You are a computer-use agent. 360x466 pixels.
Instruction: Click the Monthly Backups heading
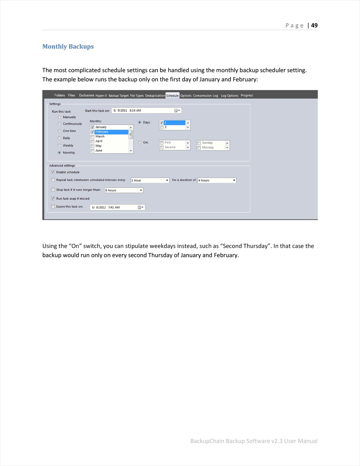(x=68, y=46)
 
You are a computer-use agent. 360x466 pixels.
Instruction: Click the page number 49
(x=314, y=25)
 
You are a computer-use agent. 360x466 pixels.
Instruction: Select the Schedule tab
(x=172, y=95)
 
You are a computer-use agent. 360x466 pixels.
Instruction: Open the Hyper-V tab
(x=101, y=96)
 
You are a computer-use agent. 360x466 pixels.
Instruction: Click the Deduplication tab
(x=155, y=96)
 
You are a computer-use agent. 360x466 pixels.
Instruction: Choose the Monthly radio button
(x=59, y=152)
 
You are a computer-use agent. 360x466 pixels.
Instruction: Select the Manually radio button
(x=59, y=117)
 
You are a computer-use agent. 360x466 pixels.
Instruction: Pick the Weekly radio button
(x=59, y=145)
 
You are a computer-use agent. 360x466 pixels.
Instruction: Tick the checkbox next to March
(x=92, y=137)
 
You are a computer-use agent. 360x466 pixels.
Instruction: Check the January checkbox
(x=92, y=127)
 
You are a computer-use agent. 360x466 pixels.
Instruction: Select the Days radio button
(x=140, y=122)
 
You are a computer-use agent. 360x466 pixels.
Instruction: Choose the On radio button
(x=140, y=143)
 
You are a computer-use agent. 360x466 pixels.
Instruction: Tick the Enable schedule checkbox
(x=53, y=172)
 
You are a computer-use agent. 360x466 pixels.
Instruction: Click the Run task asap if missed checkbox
(x=53, y=198)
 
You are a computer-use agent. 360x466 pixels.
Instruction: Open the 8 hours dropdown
(x=141, y=190)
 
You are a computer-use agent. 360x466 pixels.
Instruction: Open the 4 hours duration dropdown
(x=234, y=181)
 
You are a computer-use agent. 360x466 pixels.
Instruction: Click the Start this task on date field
(x=143, y=110)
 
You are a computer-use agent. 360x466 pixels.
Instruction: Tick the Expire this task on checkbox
(x=53, y=207)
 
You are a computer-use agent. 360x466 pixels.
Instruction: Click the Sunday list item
(x=207, y=143)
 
